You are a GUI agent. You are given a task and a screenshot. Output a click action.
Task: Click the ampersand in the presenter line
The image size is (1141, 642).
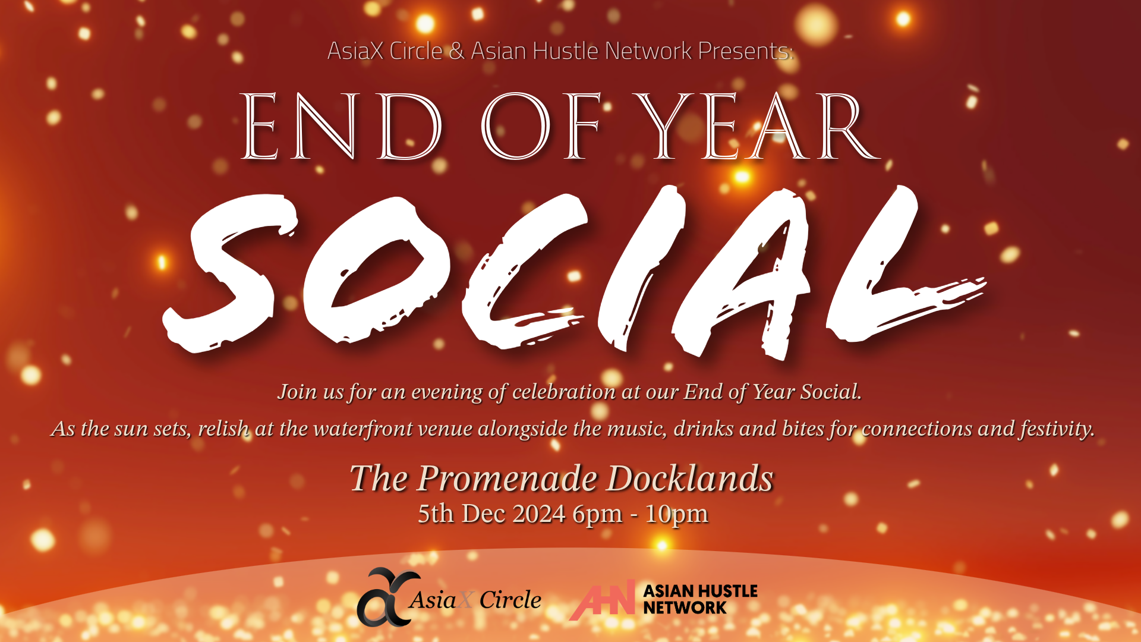pyautogui.click(x=456, y=51)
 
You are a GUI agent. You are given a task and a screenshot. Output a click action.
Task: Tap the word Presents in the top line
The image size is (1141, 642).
pyautogui.click(x=745, y=51)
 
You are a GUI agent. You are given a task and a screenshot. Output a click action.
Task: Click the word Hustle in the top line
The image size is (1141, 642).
pyautogui.click(x=565, y=51)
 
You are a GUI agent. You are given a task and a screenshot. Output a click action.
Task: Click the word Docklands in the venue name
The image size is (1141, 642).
pyautogui.click(x=690, y=478)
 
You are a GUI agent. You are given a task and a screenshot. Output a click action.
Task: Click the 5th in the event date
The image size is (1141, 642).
pyautogui.click(x=436, y=514)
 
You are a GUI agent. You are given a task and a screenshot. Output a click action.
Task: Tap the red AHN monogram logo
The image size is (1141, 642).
pyautogui.click(x=602, y=600)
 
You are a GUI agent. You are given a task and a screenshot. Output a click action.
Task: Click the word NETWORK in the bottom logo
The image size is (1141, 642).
pyautogui.click(x=685, y=608)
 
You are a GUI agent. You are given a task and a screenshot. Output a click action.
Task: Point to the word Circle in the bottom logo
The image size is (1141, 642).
pyautogui.click(x=510, y=600)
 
